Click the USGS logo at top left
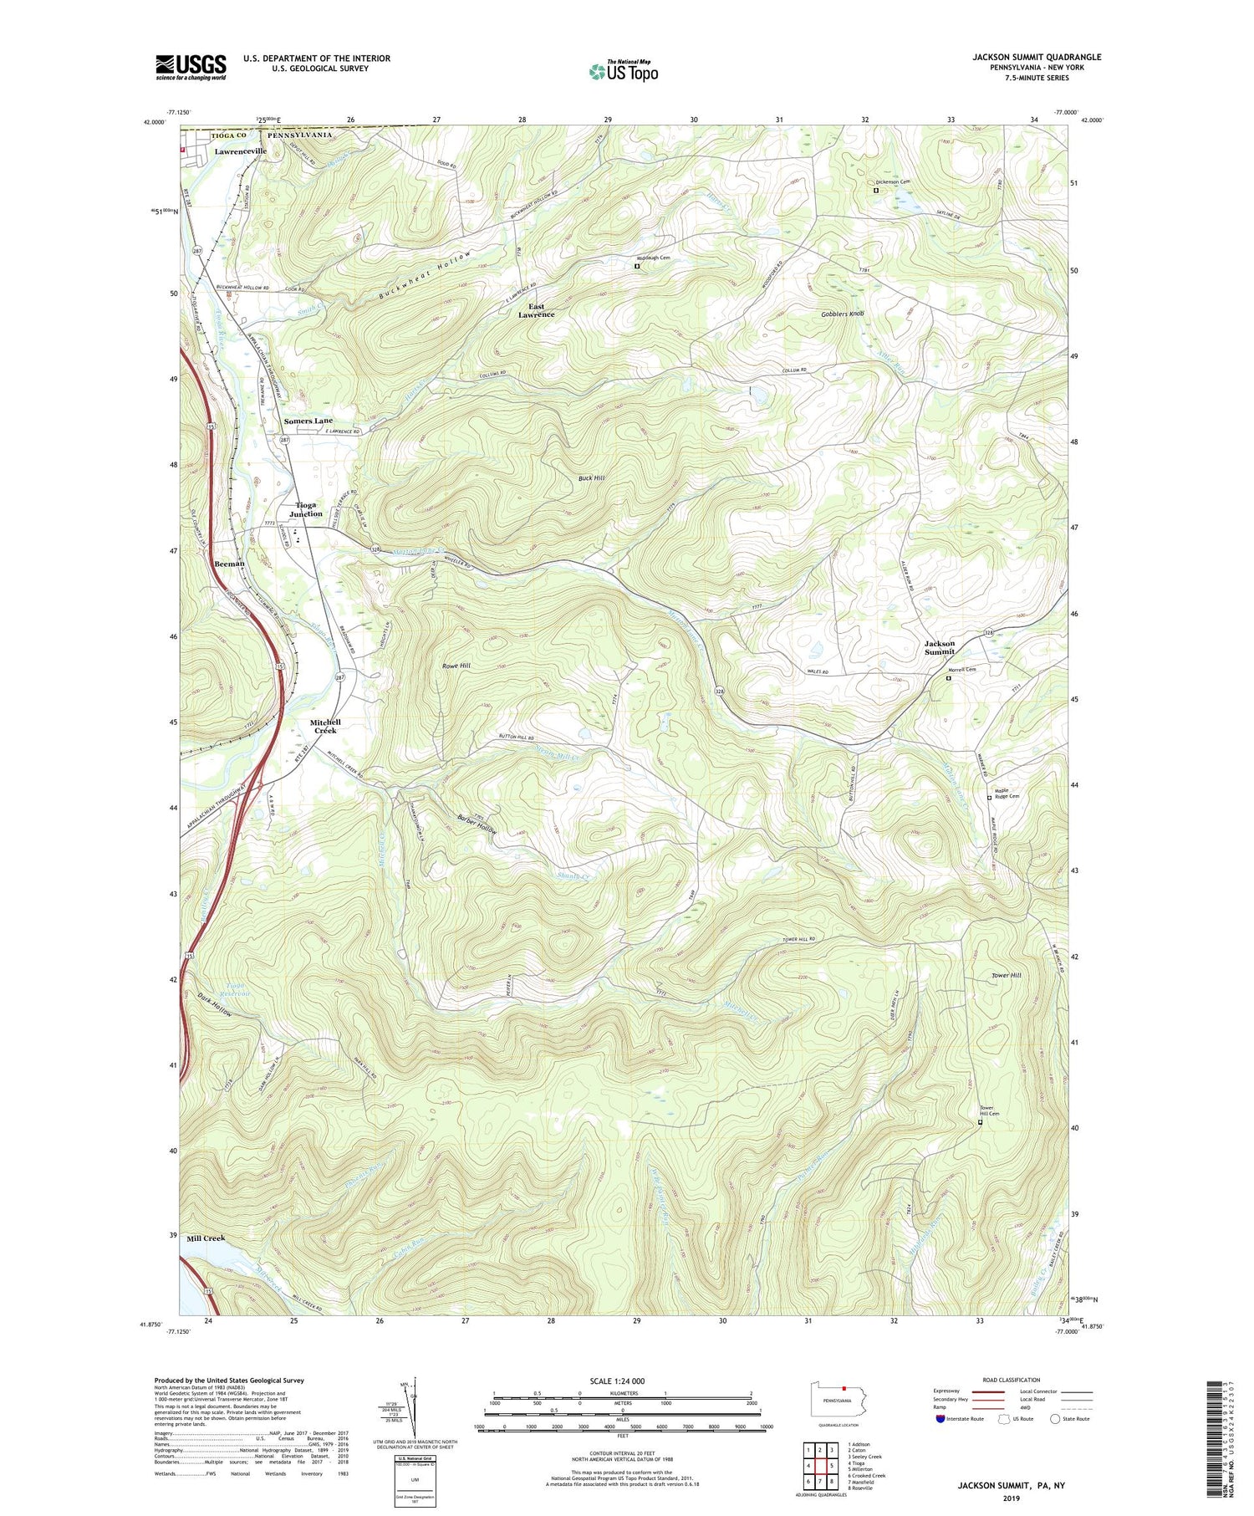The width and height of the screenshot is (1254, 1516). [191, 67]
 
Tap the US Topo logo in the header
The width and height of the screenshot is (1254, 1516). [623, 72]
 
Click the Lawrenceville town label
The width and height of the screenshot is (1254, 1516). [240, 151]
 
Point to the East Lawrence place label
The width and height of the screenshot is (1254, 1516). [536, 310]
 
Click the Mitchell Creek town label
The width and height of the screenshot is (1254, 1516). [325, 726]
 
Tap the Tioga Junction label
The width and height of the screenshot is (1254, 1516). [306, 509]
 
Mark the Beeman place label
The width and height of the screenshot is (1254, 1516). [229, 564]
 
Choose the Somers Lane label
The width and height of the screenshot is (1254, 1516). [308, 421]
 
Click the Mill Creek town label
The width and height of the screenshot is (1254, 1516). [206, 1238]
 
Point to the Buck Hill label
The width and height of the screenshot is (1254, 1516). [591, 478]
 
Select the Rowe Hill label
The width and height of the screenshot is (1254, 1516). [456, 666]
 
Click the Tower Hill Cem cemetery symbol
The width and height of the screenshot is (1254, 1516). [981, 1123]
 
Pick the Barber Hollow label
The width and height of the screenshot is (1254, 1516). [477, 824]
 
